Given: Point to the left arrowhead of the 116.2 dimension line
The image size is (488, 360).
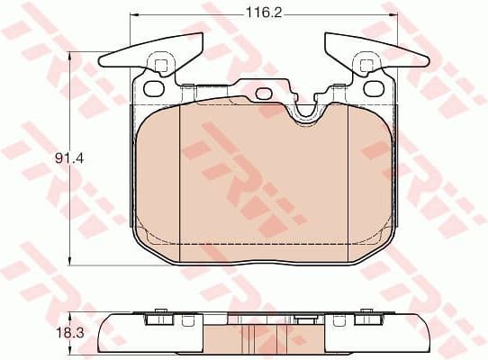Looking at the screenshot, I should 136,15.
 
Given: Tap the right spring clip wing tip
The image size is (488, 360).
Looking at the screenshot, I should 426,61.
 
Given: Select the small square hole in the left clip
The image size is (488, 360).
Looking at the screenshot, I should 161,65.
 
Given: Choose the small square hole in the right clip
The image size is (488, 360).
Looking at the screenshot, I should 367,65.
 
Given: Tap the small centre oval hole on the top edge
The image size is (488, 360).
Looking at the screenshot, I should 264,93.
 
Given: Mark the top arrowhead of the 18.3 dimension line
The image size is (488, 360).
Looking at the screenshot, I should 73,316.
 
